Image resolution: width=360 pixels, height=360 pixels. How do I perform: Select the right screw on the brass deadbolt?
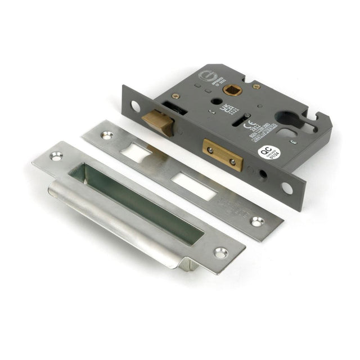pyautogui.click(x=232, y=161)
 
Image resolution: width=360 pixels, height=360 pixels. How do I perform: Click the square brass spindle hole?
pyautogui.click(x=229, y=89)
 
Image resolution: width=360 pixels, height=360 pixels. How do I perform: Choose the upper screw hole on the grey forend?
pyautogui.click(x=136, y=105)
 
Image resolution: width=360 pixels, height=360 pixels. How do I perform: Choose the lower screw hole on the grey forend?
pyautogui.click(x=287, y=187)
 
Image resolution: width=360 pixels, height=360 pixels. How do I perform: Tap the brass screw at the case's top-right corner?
pyautogui.click(x=256, y=87)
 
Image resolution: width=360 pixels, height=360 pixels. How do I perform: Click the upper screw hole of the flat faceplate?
pyautogui.click(x=106, y=135)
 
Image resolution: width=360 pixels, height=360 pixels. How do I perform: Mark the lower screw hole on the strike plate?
pyautogui.click(x=220, y=253)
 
